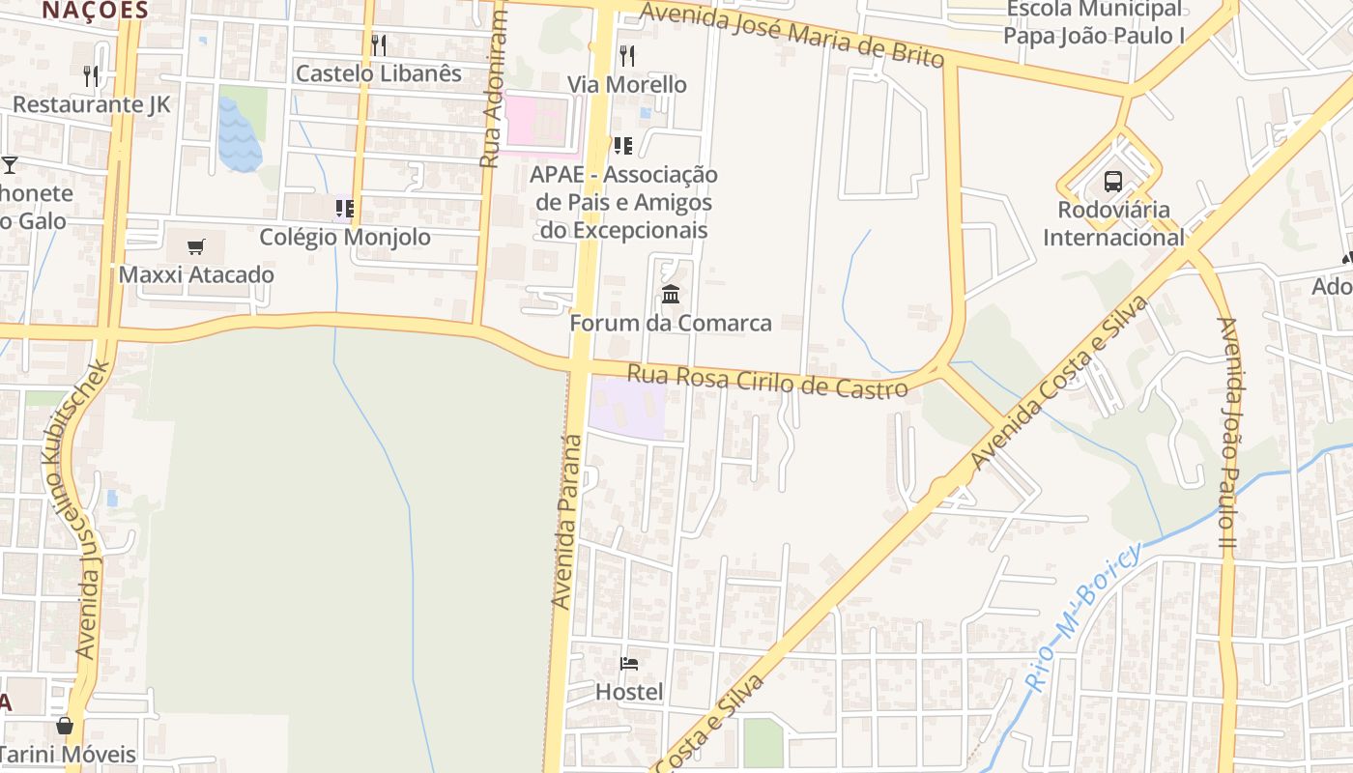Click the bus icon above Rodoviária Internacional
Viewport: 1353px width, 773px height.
tap(1113, 181)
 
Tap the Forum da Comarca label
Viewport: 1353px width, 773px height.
tap(671, 323)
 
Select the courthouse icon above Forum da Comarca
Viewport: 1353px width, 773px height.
tap(671, 294)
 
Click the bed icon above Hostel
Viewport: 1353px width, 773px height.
tap(629, 664)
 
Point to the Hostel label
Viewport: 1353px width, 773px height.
tap(629, 692)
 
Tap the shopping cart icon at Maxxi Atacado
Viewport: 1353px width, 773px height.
tap(196, 246)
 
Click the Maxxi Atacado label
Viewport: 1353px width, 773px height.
tap(196, 274)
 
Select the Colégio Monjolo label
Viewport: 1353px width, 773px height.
tap(345, 237)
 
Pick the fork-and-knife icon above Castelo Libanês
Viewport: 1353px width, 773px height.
tap(379, 44)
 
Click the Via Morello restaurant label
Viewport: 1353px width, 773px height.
tap(627, 84)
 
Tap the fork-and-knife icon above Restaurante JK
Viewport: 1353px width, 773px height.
tap(91, 75)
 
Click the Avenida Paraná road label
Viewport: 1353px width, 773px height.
tap(567, 522)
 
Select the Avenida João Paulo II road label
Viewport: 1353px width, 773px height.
tap(1227, 435)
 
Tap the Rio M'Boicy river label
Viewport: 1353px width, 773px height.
tap(1082, 618)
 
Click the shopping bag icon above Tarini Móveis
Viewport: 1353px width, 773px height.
tap(65, 725)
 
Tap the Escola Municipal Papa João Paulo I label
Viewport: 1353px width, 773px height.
tap(1094, 23)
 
